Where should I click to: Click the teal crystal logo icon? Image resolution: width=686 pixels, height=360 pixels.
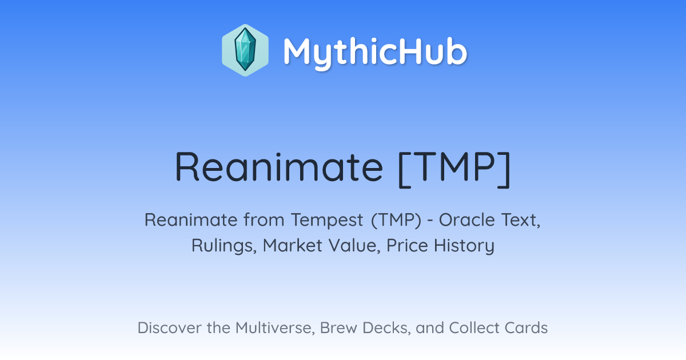(245, 50)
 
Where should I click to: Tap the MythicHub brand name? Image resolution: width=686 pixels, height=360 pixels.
(375, 52)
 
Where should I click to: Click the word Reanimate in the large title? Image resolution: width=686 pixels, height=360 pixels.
(279, 167)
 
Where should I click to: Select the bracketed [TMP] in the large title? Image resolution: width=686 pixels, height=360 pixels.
(455, 169)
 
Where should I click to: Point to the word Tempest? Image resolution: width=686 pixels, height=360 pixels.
(327, 220)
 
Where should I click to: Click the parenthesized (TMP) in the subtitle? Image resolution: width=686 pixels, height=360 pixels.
(396, 220)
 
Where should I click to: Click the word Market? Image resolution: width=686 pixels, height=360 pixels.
(293, 246)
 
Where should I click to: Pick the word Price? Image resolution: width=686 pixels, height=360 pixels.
(407, 246)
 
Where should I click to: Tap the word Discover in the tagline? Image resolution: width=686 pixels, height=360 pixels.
(170, 328)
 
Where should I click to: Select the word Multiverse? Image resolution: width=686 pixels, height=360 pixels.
(275, 328)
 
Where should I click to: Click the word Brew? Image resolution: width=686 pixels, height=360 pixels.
(338, 328)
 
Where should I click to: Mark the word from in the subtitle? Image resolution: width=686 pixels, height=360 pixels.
(264, 220)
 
